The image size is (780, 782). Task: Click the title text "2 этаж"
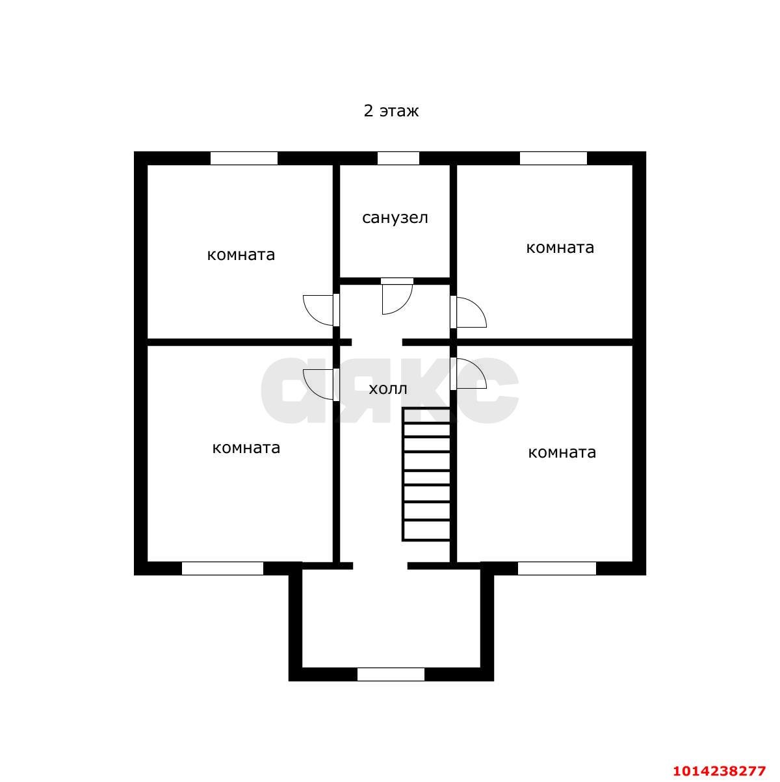(391, 111)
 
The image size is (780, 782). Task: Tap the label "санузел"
(395, 218)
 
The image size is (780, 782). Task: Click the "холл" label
(388, 389)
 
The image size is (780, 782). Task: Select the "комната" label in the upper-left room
(241, 255)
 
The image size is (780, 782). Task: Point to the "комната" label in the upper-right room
(560, 248)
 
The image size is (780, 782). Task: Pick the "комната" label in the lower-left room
(246, 448)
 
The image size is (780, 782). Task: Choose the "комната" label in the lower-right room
(562, 452)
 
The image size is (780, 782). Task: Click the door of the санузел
(396, 297)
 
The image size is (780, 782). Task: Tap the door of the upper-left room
(320, 309)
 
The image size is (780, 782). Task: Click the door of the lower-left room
(320, 384)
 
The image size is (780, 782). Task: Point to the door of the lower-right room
(469, 374)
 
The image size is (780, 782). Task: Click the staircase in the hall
(426, 474)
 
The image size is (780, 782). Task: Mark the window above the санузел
(398, 158)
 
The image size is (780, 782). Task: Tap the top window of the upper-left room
(244, 158)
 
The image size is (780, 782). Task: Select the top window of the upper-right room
(553, 158)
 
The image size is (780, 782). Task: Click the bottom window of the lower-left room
(222, 569)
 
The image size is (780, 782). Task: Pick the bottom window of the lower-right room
(557, 569)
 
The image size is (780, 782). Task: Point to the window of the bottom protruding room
(391, 675)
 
